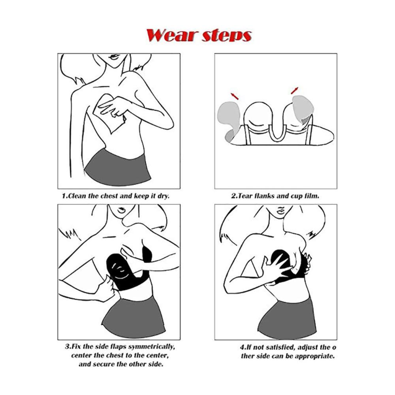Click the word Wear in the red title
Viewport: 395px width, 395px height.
point(171,35)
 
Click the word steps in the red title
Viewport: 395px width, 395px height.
point(227,36)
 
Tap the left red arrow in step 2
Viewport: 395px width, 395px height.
point(235,96)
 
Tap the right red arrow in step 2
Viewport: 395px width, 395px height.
point(295,91)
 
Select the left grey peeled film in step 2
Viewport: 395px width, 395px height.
point(228,118)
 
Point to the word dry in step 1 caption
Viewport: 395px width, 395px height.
point(163,196)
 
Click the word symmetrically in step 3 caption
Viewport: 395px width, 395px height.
point(151,347)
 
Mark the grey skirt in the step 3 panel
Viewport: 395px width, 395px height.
point(134,318)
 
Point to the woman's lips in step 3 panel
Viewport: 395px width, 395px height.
point(122,210)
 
